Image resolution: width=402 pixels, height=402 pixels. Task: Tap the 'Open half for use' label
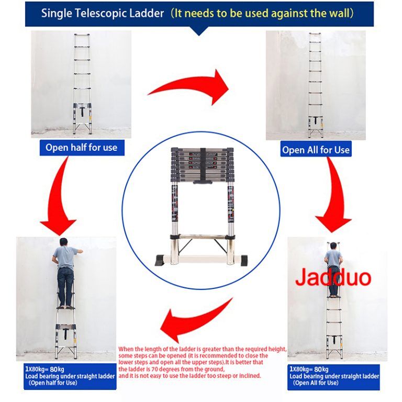coord(82,148)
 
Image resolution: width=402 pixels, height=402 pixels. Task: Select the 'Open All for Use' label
coord(316,150)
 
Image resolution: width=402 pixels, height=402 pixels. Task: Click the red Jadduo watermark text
coord(333,277)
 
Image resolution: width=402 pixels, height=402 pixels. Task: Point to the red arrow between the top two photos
coord(189,86)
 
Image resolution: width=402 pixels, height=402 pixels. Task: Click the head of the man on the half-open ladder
coord(63,242)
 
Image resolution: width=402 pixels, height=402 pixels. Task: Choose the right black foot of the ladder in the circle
coord(243,260)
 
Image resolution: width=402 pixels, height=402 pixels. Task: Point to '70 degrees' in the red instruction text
coord(166,369)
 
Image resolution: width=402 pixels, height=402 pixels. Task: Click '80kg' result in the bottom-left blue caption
coord(57,369)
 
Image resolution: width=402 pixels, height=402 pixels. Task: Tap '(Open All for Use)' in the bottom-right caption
coord(316,383)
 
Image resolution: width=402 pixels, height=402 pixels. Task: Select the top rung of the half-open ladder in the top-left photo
coord(82,35)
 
